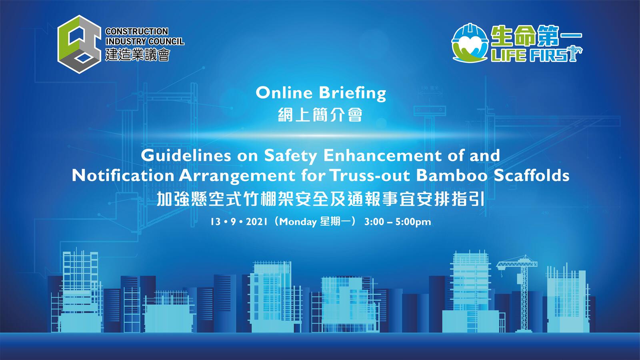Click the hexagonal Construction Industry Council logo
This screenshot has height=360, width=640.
(80, 44)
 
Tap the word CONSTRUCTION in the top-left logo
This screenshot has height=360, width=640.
(136, 32)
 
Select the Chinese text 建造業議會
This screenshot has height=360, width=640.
(138, 54)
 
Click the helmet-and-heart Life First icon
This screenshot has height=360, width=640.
(470, 43)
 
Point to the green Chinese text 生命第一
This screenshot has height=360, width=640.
(536, 36)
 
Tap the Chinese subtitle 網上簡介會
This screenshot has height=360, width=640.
(320, 115)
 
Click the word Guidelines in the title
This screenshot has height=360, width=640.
(186, 156)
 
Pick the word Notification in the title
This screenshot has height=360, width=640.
(123, 176)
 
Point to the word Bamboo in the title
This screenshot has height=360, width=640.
(452, 176)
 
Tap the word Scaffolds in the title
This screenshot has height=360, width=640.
(532, 176)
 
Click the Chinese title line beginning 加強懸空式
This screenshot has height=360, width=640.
(320, 199)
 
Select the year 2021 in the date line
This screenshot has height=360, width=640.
(256, 222)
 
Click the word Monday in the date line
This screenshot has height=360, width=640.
(298, 222)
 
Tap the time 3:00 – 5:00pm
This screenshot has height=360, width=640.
(398, 222)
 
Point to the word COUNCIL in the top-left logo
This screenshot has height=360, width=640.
(166, 42)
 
